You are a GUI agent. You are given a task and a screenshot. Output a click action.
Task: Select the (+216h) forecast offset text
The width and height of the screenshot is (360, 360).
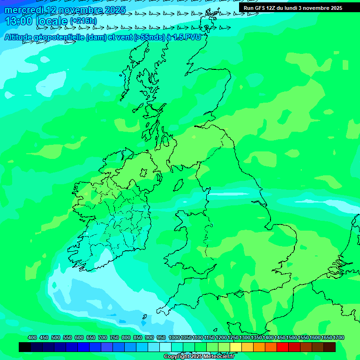pyautogui.click(x=83, y=21)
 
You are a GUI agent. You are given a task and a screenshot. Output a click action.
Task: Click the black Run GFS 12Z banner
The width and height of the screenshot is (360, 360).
pyautogui.click(x=292, y=8)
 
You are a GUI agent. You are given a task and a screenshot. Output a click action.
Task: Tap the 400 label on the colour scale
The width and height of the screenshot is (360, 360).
pyautogui.click(x=32, y=337)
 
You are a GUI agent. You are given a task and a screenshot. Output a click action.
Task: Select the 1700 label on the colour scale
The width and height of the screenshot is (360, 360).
pyautogui.click(x=338, y=337)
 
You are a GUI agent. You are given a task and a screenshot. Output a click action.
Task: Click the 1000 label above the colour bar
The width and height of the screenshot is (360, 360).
pyautogui.click(x=174, y=337)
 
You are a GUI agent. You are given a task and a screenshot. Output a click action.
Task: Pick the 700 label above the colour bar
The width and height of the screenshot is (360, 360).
pyautogui.click(x=103, y=337)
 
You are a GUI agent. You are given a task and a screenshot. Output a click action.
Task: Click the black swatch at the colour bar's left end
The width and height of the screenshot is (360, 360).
pyautogui.click(x=25, y=347)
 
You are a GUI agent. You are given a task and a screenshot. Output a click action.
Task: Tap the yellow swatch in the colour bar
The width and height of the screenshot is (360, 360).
pyautogui.click(x=236, y=347)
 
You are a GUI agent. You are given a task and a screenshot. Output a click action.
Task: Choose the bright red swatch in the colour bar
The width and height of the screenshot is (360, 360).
pyautogui.click(x=283, y=347)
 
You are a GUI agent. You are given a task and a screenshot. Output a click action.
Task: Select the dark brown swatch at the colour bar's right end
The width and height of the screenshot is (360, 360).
pyautogui.click(x=330, y=347)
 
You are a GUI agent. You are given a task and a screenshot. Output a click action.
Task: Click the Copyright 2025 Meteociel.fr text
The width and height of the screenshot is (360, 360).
pyautogui.click(x=199, y=356)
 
